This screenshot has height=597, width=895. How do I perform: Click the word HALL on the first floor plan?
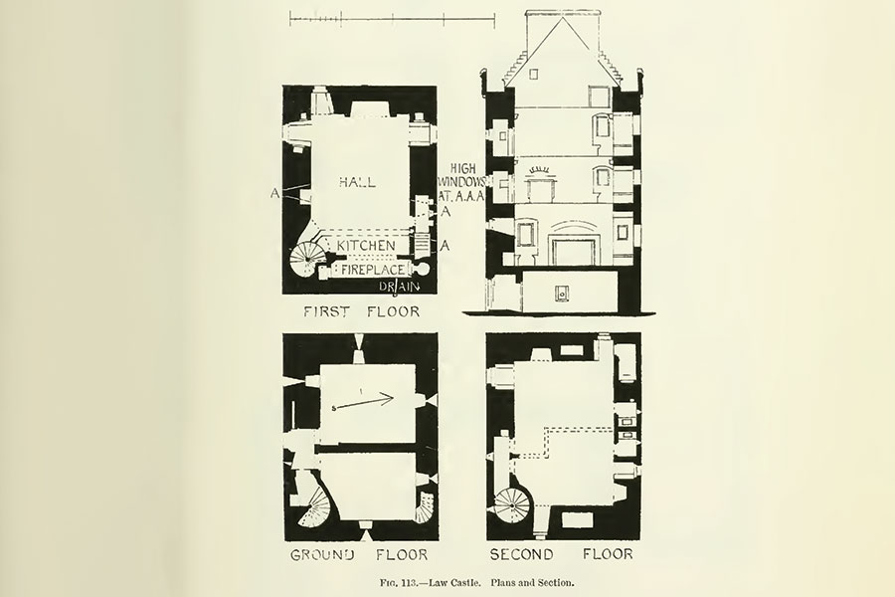click(357, 182)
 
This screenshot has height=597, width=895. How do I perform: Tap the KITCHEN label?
click(365, 246)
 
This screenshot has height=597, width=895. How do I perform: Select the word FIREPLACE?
click(373, 270)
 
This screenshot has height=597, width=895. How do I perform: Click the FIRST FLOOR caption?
click(361, 311)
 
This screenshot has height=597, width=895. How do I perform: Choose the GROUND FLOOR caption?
click(358, 555)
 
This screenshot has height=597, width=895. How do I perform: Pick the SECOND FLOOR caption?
click(561, 554)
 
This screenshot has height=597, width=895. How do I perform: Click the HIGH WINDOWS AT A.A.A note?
click(460, 183)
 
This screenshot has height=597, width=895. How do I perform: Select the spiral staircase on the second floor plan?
click(512, 506)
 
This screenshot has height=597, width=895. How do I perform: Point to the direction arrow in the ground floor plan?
click(364, 403)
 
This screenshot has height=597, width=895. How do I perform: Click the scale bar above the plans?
click(393, 20)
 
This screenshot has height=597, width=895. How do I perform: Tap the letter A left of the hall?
click(275, 194)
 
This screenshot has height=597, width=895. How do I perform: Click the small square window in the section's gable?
click(534, 75)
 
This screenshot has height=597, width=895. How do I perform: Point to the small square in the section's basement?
click(562, 294)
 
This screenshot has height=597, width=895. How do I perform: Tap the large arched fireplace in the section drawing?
click(573, 245)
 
